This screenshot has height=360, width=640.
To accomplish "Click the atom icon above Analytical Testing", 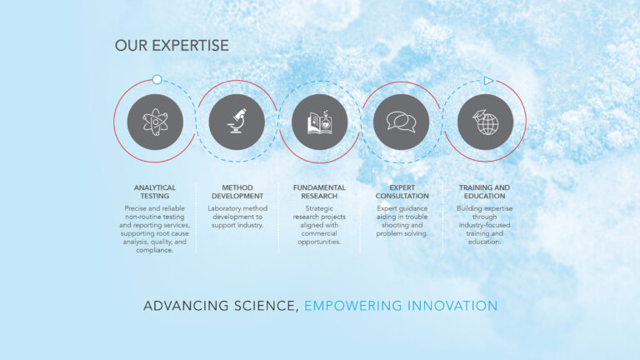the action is tap(155, 122).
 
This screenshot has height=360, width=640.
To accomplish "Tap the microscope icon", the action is tap(237, 121).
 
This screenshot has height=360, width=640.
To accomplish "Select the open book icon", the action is tap(320, 122).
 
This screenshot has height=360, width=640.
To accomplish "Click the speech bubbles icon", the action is tap(401, 122).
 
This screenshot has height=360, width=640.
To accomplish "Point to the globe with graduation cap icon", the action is tap(485, 122).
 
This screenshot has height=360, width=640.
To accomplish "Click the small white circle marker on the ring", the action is tap(157, 80).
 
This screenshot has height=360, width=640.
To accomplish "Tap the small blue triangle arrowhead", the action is tap(488, 81).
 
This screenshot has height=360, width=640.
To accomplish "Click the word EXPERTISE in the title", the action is tap(190, 46).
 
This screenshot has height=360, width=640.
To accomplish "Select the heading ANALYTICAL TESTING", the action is tap(155, 192).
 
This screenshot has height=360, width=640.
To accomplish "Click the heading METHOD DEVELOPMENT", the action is tap(237, 192).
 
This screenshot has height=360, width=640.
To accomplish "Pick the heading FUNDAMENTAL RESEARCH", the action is tap(319, 192).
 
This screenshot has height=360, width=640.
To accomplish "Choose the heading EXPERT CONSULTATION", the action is tap(402, 192).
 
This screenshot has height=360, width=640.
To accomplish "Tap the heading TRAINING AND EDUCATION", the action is tap(484, 192).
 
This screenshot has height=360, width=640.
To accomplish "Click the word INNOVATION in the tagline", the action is tap(452, 306).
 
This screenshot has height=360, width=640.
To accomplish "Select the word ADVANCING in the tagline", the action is tap(186, 306).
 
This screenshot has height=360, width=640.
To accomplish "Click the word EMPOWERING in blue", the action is tap(353, 306).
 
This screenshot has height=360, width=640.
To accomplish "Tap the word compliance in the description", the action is tap(155, 250).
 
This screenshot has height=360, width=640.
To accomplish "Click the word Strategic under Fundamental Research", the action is tap(319, 208).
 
